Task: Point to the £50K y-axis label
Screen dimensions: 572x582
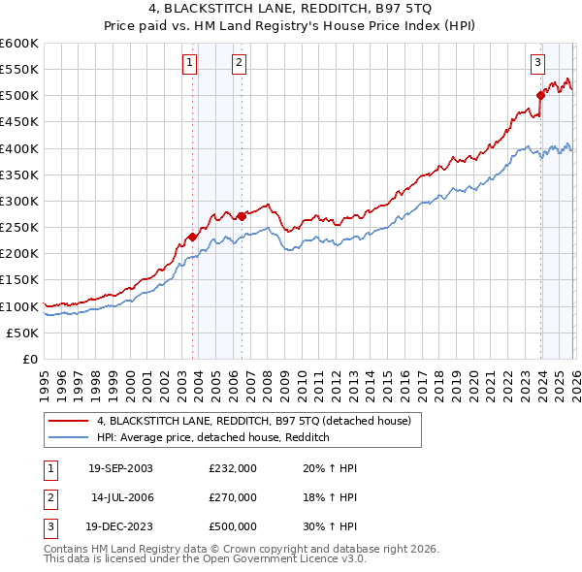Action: click(x=22, y=333)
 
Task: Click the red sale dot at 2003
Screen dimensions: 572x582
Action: click(x=193, y=237)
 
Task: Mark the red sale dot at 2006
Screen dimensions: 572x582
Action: click(x=242, y=217)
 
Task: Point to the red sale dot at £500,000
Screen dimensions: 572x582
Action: click(x=540, y=95)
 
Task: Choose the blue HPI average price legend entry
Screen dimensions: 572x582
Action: click(x=213, y=437)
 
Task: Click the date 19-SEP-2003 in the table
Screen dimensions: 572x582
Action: click(x=120, y=468)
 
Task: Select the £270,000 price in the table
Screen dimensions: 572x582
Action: click(x=233, y=497)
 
